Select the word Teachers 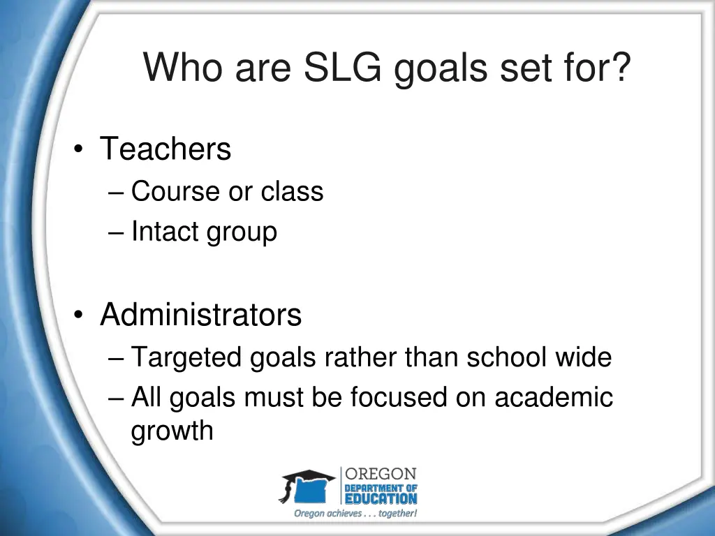click(165, 149)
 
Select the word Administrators click(201, 315)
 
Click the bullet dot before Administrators click(82, 316)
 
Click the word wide click(584, 357)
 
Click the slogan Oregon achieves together click(355, 514)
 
